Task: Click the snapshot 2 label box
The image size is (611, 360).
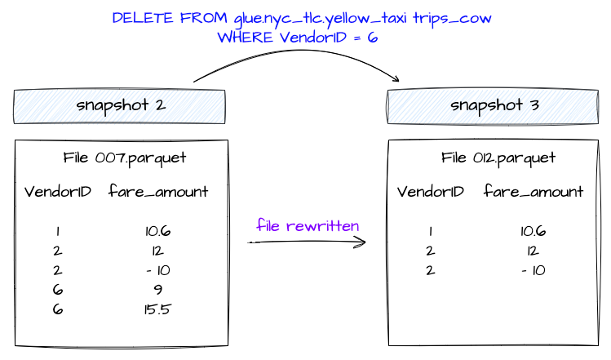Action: (x=119, y=106)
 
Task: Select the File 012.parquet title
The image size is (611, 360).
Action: (x=498, y=158)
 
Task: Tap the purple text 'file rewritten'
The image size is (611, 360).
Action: (x=308, y=225)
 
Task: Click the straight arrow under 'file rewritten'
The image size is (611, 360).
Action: (x=307, y=242)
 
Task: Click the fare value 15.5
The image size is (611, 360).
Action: (x=158, y=309)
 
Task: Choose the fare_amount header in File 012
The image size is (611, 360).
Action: (x=533, y=192)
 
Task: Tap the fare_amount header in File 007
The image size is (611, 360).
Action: (x=158, y=193)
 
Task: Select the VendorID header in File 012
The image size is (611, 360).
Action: (x=431, y=192)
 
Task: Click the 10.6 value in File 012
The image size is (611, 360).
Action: (x=533, y=232)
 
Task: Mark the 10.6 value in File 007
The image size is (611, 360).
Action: (x=158, y=232)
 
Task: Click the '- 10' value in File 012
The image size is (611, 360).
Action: (x=533, y=270)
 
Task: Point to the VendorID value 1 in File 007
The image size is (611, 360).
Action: (x=57, y=232)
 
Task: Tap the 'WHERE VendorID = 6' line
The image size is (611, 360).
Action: (x=298, y=38)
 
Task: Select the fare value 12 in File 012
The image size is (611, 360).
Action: (x=533, y=251)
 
